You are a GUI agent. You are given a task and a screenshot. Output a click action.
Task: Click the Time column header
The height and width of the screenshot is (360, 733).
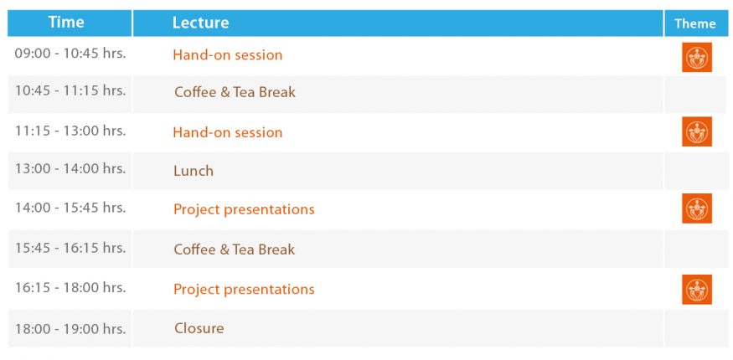[x=66, y=23]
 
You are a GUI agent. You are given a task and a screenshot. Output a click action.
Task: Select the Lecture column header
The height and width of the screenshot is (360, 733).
[x=200, y=23]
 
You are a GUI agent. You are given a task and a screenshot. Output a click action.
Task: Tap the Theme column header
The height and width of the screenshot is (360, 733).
[x=695, y=23]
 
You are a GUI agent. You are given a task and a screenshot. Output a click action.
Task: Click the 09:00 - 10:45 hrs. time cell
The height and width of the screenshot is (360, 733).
[x=70, y=54]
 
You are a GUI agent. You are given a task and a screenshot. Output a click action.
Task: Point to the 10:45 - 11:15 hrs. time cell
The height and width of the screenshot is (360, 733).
[x=70, y=90]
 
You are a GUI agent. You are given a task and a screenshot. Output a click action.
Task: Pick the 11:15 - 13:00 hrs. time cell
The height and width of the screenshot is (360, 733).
[x=70, y=131]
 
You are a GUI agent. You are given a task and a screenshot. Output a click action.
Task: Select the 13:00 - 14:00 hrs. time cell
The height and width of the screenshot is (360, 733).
[x=70, y=168]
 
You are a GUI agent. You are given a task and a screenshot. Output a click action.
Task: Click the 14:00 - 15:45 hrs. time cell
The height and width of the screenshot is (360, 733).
[x=70, y=208]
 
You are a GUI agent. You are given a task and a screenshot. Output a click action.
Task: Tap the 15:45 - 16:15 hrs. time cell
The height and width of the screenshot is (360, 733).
[x=70, y=248]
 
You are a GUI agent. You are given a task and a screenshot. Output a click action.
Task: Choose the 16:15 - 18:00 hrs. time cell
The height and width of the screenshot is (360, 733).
[x=70, y=287]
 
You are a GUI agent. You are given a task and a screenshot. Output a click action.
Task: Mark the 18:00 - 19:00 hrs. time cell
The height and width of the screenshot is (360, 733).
[x=70, y=328]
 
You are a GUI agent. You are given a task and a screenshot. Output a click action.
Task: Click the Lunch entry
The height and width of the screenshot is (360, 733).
[x=194, y=171]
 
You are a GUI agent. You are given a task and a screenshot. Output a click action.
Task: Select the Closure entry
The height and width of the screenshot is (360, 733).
[x=199, y=328]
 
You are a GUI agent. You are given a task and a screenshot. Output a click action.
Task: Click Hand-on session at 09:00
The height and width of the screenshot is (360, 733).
[x=228, y=55]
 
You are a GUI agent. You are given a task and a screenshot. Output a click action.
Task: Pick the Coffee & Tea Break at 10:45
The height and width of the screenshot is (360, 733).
[x=235, y=92]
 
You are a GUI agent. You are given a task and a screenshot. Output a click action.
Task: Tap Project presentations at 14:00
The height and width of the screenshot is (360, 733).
[x=244, y=209]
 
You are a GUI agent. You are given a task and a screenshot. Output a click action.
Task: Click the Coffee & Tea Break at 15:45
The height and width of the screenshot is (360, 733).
[x=235, y=249]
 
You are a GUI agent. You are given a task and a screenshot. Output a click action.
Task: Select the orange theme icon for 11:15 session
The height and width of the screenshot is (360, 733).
[x=696, y=131]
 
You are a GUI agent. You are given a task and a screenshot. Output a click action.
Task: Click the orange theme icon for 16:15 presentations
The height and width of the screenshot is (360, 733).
[x=696, y=290]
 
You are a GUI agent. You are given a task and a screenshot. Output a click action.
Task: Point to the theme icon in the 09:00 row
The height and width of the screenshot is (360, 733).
[x=696, y=57]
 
